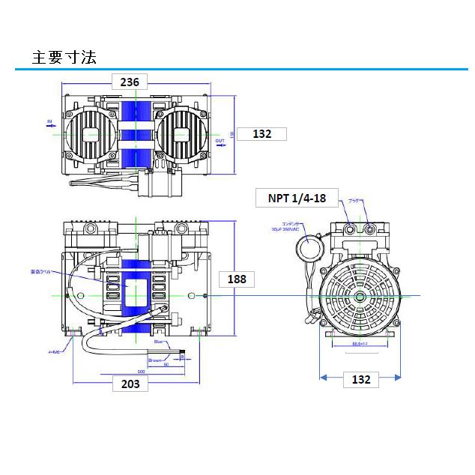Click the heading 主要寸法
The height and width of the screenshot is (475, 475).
[64, 57]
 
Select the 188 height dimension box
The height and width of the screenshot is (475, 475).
[236, 279]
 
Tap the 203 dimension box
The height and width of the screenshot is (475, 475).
[130, 384]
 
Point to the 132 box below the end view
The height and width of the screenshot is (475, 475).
[361, 380]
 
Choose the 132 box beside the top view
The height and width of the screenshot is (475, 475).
[261, 134]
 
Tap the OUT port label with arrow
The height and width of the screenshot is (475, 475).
[220, 142]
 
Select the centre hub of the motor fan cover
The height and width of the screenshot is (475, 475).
[361, 297]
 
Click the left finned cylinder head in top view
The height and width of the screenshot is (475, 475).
[91, 134]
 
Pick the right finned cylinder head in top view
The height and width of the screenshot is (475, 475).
[182, 134]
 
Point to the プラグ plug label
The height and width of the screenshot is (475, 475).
[355, 201]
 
